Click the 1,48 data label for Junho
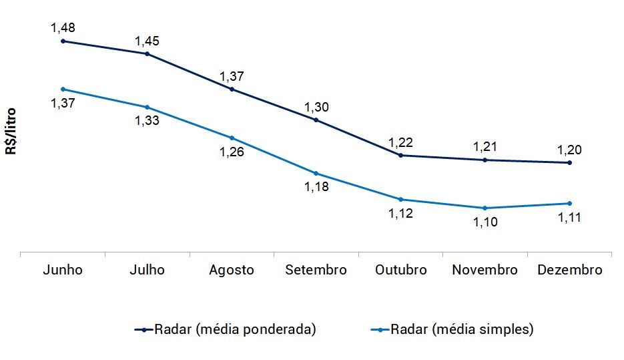(x=62, y=28)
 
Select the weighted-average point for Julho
(x=147, y=53)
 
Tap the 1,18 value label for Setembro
(x=316, y=187)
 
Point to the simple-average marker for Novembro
(x=485, y=208)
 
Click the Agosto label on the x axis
(x=232, y=270)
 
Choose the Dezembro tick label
(x=569, y=270)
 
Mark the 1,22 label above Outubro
(x=400, y=142)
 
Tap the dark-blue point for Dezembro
(x=569, y=162)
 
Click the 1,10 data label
(x=485, y=222)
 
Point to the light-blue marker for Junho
(x=63, y=89)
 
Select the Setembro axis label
(x=316, y=270)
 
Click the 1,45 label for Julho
(x=147, y=41)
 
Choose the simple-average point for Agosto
(x=232, y=138)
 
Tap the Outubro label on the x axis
(x=400, y=270)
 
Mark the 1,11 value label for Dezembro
(x=569, y=217)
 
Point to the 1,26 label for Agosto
(x=232, y=152)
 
